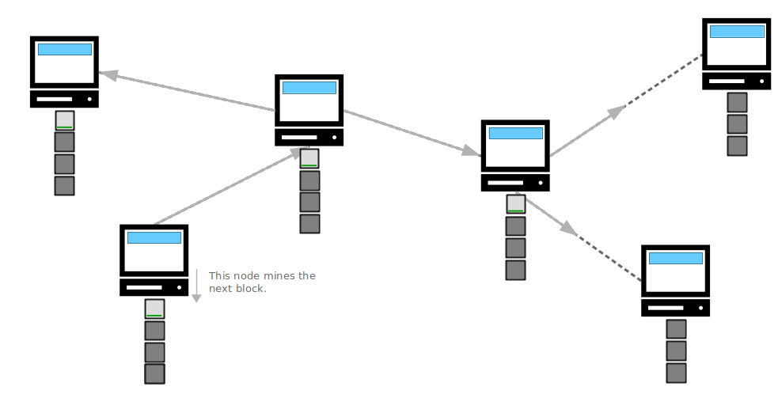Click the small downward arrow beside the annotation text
196,286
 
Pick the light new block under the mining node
155,309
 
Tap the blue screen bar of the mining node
154,237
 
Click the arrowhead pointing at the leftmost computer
108,75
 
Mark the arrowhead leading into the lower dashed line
569,229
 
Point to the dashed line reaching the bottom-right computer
609,258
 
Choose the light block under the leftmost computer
64,120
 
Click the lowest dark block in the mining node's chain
155,373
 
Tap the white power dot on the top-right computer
761,81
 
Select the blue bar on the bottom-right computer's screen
676,258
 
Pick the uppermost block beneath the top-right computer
738,102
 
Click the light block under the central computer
309,158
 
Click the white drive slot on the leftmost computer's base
55,99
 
